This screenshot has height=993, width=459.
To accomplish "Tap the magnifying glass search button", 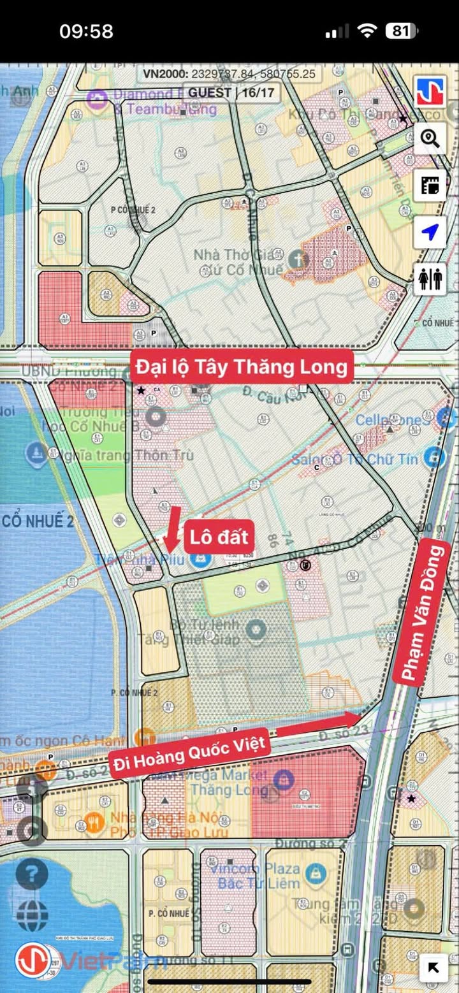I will pyautogui.click(x=430, y=138).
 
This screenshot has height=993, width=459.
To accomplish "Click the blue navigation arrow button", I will pyautogui.click(x=430, y=233).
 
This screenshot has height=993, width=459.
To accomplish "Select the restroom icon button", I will pyautogui.click(x=430, y=279).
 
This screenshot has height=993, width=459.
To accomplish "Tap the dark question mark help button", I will pyautogui.click(x=32, y=874).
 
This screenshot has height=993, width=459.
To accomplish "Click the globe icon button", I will pyautogui.click(x=32, y=916).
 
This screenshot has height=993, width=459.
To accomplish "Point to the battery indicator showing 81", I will pyautogui.click(x=401, y=31).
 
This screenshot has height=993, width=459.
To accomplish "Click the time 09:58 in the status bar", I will pyautogui.click(x=86, y=31).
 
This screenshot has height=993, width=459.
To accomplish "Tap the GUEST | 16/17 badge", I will pyautogui.click(x=231, y=92).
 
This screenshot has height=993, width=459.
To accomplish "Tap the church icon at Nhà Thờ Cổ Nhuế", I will pyautogui.click(x=297, y=259).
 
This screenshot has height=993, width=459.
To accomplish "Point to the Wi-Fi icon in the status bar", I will pyautogui.click(x=367, y=31).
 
